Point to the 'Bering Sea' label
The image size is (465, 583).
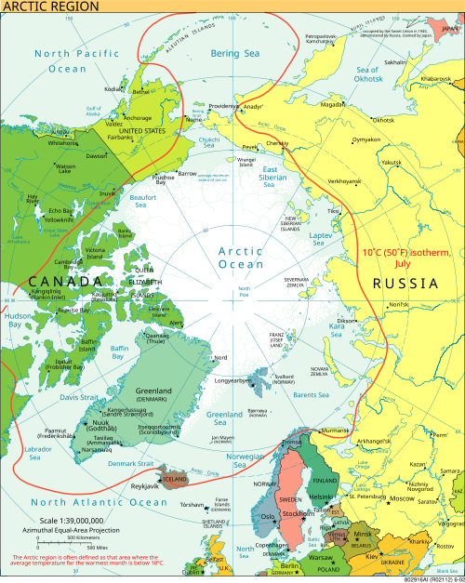click(234, 54)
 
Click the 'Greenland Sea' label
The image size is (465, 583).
click(225, 417)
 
